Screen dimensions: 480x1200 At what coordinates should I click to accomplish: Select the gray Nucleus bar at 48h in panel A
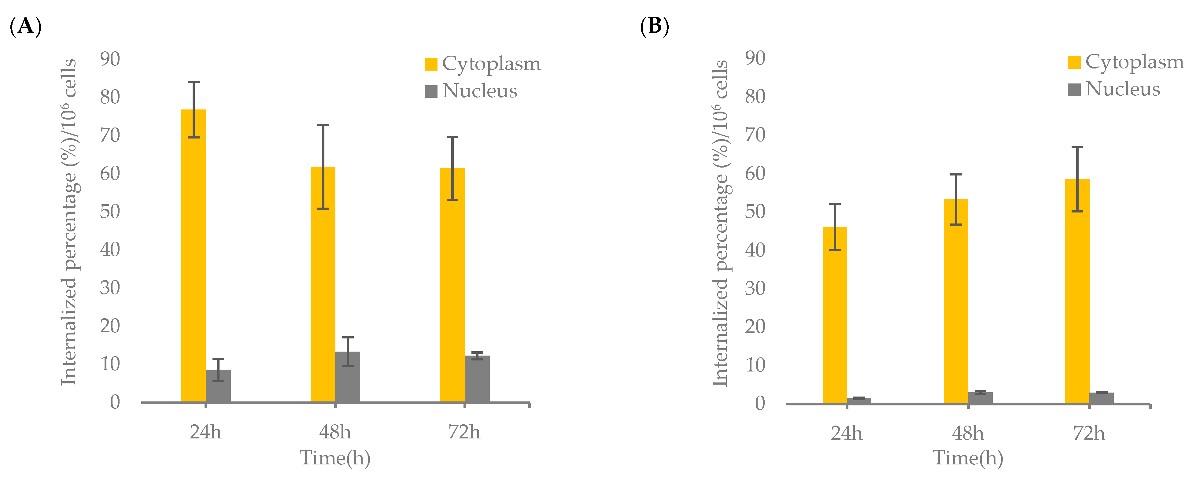pos(348,378)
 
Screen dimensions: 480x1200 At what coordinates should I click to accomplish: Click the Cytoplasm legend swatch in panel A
pos(431,64)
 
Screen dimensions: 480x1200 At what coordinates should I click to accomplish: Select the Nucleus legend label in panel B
pos(1123,89)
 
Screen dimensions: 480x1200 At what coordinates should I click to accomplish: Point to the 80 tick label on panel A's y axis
pos(110,97)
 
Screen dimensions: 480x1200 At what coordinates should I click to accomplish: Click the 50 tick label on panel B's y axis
pos(755,212)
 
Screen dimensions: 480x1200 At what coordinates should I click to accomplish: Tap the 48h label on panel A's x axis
pos(335,433)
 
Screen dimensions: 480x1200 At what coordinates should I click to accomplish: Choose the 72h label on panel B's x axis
pos(1089,434)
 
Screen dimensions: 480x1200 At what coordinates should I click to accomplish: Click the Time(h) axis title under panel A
pos(335,458)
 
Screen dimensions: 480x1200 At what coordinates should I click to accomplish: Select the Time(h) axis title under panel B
pos(968,458)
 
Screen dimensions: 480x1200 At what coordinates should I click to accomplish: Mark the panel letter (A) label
pos(26,26)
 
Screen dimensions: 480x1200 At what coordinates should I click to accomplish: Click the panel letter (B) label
pos(655,26)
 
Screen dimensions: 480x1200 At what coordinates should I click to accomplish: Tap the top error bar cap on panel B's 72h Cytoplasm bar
pos(1077,147)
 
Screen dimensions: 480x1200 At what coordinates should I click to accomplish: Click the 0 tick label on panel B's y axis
pos(760,403)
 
